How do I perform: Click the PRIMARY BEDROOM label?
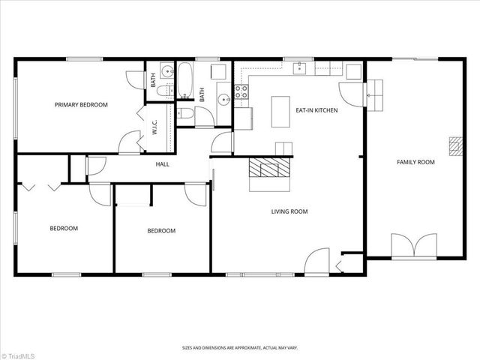(81, 105)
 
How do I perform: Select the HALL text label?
(162, 163)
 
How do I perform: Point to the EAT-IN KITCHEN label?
(316, 110)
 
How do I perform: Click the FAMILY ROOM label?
(415, 162)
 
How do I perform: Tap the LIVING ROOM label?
(289, 211)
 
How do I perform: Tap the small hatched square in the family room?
(454, 145)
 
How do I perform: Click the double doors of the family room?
(414, 246)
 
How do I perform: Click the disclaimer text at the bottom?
(239, 348)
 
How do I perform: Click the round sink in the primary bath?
(223, 99)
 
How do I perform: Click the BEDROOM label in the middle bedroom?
(161, 231)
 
